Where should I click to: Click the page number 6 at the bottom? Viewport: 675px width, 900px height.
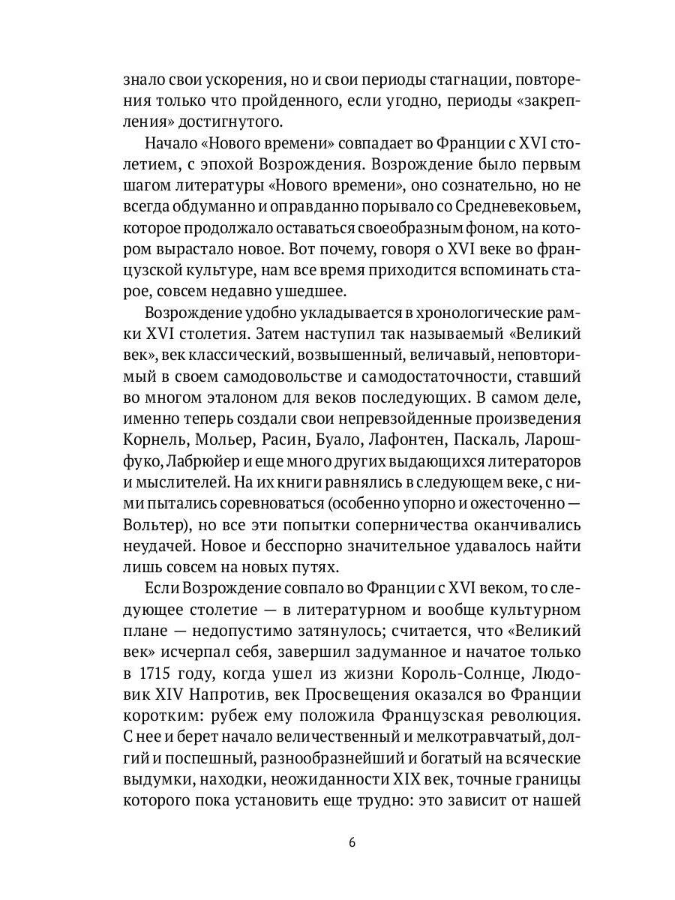click(352, 841)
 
